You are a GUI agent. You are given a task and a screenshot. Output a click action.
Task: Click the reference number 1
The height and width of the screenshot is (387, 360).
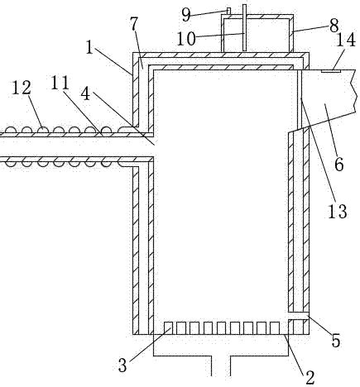click(x=89, y=47)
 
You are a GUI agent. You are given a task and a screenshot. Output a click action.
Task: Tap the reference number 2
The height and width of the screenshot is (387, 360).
click(x=310, y=377)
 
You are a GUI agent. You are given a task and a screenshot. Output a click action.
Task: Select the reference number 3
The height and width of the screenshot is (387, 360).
click(x=122, y=365)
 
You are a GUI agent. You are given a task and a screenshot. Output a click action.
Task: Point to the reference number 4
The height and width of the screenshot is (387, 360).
click(x=85, y=93)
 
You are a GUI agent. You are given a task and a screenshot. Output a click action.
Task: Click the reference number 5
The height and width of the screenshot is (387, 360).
click(x=335, y=341)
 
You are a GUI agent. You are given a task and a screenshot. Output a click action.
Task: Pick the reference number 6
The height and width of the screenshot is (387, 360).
click(x=338, y=165)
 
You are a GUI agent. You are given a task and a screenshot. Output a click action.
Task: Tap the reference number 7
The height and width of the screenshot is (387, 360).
click(x=134, y=24)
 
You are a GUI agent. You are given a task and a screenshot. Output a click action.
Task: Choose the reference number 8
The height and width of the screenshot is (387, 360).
click(x=334, y=25)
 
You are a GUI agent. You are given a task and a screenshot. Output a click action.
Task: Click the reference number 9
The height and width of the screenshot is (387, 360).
click(x=186, y=15)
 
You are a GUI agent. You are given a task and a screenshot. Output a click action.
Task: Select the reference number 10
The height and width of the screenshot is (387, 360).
click(x=186, y=39)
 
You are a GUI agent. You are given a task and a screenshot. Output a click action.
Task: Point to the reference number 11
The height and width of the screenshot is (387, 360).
click(x=60, y=83)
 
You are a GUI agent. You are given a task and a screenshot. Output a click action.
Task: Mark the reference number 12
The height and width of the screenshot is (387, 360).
click(x=22, y=88)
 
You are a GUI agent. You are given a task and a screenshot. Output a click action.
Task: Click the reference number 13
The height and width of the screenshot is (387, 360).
click(x=338, y=212)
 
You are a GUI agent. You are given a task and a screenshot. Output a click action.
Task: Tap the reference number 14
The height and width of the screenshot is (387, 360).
click(x=346, y=40)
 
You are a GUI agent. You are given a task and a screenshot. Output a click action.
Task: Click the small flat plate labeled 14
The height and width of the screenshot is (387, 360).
click(x=331, y=71)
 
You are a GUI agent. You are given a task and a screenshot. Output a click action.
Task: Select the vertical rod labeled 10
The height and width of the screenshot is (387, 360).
click(x=244, y=27)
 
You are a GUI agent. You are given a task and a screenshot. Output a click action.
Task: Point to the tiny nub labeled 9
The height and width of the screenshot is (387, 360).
click(x=228, y=11)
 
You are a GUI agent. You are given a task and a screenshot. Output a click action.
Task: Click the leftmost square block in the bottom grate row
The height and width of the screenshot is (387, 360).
click(x=168, y=328)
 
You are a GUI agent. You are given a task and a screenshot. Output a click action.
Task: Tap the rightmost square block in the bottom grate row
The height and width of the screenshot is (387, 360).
click(x=275, y=328)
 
